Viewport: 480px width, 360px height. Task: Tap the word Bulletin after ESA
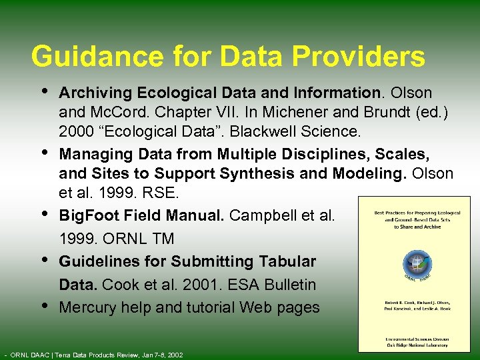[x=290, y=285]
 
